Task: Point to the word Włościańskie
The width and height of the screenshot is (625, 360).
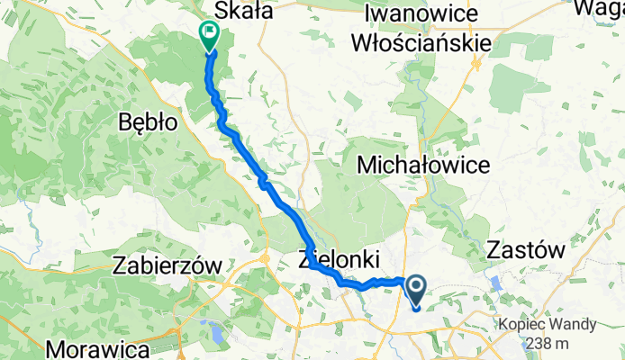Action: pyautogui.click(x=433, y=42)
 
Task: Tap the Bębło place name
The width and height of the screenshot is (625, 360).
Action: pyautogui.click(x=148, y=123)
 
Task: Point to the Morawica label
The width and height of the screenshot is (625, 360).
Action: pyautogui.click(x=93, y=346)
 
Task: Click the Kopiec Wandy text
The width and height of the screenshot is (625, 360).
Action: pyautogui.click(x=550, y=324)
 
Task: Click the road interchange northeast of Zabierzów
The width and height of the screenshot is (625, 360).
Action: pyautogui.click(x=266, y=259)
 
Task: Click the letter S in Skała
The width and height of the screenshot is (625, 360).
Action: pyautogui.click(x=216, y=11)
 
